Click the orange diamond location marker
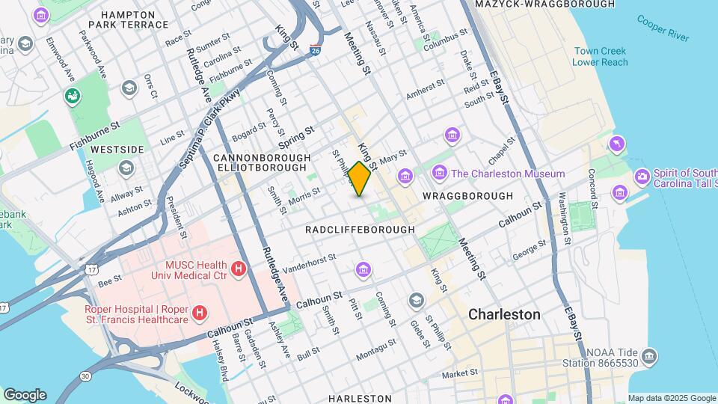[360, 179]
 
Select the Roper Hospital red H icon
[200, 313]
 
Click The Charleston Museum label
[508, 174]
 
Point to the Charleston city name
[504, 314]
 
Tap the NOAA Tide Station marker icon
[649, 355]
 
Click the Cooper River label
[663, 25]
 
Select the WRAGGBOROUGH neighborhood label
[467, 196]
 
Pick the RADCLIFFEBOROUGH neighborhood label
[360, 230]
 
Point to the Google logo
[25, 394]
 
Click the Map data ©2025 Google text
[671, 398]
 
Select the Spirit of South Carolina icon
[642, 177]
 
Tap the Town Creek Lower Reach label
[600, 57]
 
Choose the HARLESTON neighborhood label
[360, 398]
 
